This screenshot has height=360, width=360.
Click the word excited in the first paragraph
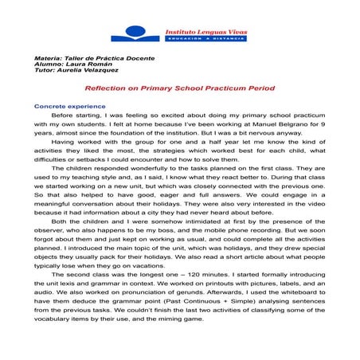[161, 116]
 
